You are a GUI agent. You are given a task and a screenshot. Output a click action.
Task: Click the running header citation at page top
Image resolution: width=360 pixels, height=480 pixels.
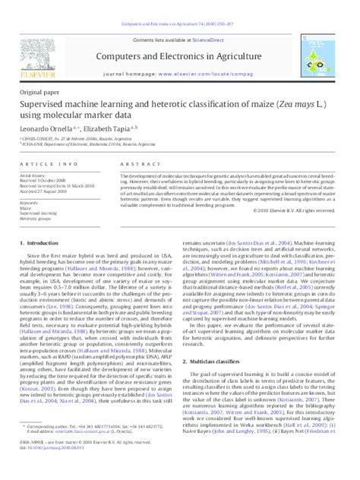(x=178, y=5)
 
